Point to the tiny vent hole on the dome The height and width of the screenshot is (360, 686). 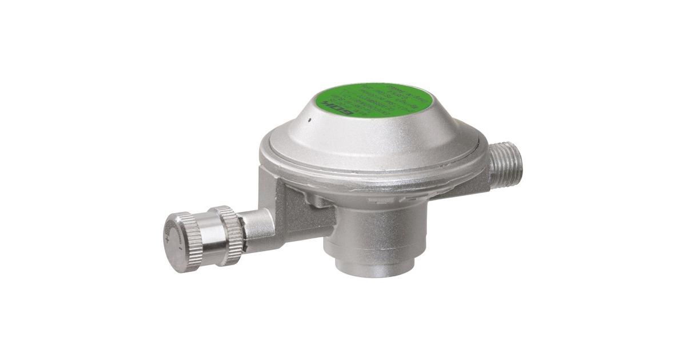(x=309, y=120)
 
